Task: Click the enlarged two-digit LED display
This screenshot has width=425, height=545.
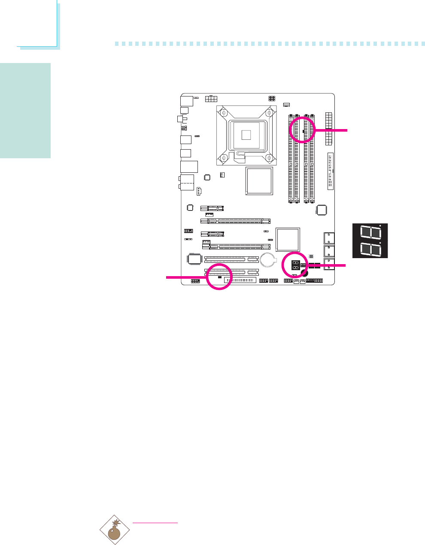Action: click(370, 241)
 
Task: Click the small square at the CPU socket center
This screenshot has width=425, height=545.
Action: click(246, 135)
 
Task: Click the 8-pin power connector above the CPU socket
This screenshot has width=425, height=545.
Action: click(210, 99)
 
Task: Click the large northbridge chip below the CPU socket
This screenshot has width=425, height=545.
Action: click(259, 181)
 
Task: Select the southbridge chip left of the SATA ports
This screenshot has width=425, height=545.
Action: click(287, 239)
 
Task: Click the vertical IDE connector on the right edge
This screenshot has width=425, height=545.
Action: click(330, 171)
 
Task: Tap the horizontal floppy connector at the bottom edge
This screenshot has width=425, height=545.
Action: click(240, 280)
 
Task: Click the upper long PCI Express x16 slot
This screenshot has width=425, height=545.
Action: click(235, 221)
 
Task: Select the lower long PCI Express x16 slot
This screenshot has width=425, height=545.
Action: click(236, 247)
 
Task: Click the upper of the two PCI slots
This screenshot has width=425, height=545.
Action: click(231, 259)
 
